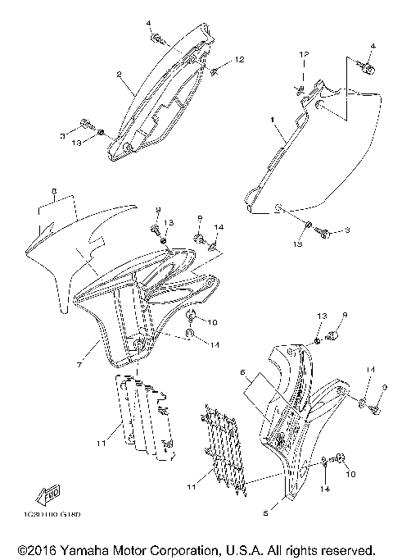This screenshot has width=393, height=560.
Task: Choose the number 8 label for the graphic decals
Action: [x=54, y=193]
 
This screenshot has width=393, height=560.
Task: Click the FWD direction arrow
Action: [x=45, y=495]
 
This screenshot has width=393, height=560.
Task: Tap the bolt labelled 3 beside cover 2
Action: [x=85, y=125]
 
